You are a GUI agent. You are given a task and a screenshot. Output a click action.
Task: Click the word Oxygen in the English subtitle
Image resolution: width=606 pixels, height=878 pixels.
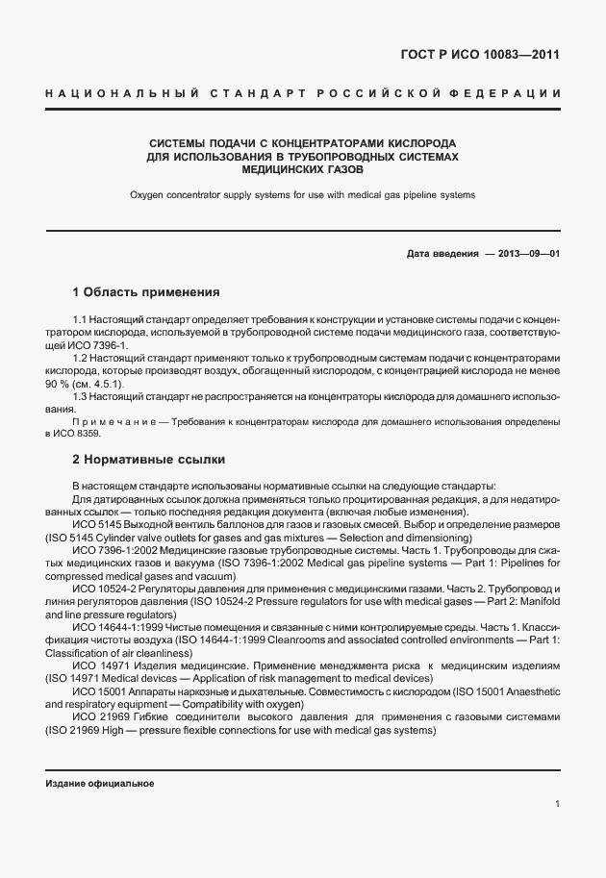click(x=149, y=194)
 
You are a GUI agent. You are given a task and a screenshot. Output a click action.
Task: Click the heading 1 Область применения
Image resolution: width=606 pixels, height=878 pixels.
click(x=147, y=291)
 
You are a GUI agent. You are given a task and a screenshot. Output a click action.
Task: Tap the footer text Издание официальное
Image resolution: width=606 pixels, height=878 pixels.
click(x=100, y=784)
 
